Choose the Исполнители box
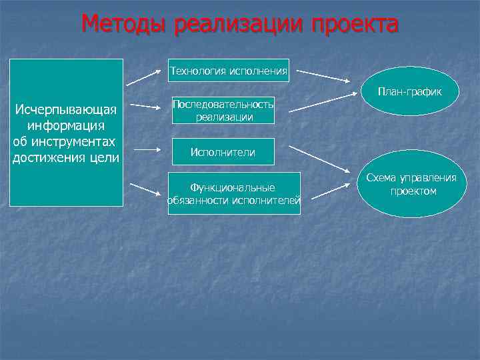(x=223, y=152)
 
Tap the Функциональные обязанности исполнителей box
(x=233, y=194)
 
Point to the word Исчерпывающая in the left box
(x=66, y=110)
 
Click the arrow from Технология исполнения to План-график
(x=326, y=75)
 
